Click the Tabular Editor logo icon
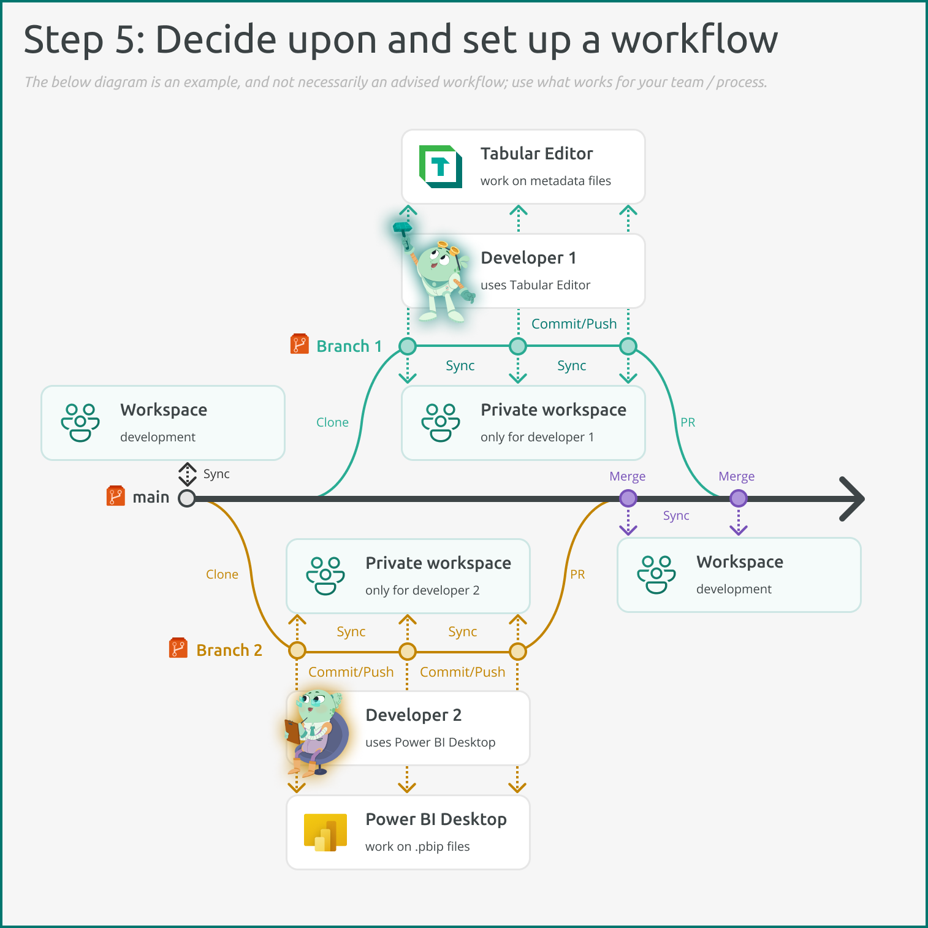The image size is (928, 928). click(x=440, y=166)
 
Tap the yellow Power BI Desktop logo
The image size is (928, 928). click(x=325, y=832)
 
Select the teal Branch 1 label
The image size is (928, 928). click(x=349, y=346)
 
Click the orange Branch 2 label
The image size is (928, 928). click(x=229, y=650)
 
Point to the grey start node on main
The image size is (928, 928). click(x=187, y=498)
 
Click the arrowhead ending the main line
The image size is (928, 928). click(x=853, y=498)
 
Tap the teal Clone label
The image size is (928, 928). click(x=332, y=422)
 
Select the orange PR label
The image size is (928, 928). click(x=577, y=574)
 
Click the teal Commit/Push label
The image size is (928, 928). click(x=574, y=324)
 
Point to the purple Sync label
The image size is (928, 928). click(x=676, y=515)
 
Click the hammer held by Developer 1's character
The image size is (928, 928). click(x=403, y=229)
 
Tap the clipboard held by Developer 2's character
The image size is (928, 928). click(x=293, y=731)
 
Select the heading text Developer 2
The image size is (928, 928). click(x=413, y=715)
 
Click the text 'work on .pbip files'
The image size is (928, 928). click(x=417, y=846)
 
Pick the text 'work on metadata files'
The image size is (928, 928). click(x=546, y=181)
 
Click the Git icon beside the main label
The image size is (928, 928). click(x=115, y=496)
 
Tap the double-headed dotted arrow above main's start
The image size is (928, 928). click(x=187, y=474)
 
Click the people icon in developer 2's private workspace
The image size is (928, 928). click(x=325, y=576)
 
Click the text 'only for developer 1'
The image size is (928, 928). click(x=537, y=437)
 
